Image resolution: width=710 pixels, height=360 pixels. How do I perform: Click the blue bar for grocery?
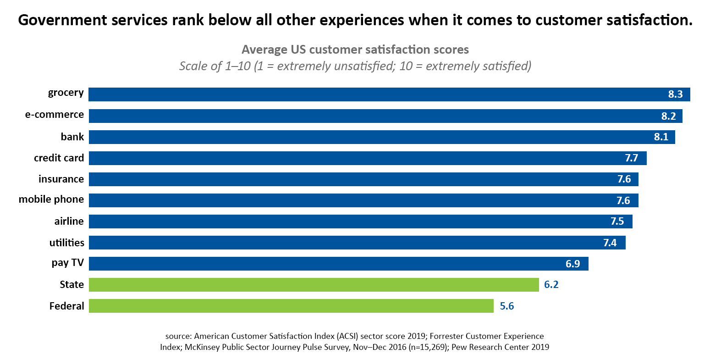pyautogui.click(x=376, y=94)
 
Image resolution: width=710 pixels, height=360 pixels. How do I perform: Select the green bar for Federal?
pyautogui.click(x=291, y=306)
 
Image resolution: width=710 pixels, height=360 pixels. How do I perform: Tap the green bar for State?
pyautogui.click(x=314, y=285)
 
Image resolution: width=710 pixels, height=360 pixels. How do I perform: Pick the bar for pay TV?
pyautogui.click(x=338, y=264)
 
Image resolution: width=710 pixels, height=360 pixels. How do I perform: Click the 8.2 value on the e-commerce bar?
pyautogui.click(x=668, y=116)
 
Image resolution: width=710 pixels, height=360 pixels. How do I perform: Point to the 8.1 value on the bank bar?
pyautogui.click(x=661, y=137)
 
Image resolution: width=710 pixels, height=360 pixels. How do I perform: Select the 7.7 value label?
pyautogui.click(x=631, y=158)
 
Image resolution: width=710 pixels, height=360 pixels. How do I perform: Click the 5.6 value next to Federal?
pyautogui.click(x=506, y=306)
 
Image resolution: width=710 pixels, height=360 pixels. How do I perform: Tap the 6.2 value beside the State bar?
pyautogui.click(x=551, y=285)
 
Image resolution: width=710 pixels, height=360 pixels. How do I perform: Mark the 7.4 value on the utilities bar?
pyautogui.click(x=610, y=243)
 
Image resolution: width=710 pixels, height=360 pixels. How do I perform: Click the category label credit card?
pyautogui.click(x=59, y=158)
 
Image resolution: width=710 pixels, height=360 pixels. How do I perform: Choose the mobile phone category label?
pyautogui.click(x=51, y=199)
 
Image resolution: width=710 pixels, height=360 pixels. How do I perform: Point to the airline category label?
pyautogui.click(x=69, y=222)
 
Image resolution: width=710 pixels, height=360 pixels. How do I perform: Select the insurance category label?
pyautogui.click(x=61, y=179)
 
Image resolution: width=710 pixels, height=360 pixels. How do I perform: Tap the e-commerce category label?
pyautogui.click(x=54, y=115)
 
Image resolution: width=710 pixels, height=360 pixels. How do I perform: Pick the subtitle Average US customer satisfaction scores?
pyautogui.click(x=355, y=50)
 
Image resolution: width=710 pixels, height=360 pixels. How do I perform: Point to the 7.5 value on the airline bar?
pyautogui.click(x=617, y=222)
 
